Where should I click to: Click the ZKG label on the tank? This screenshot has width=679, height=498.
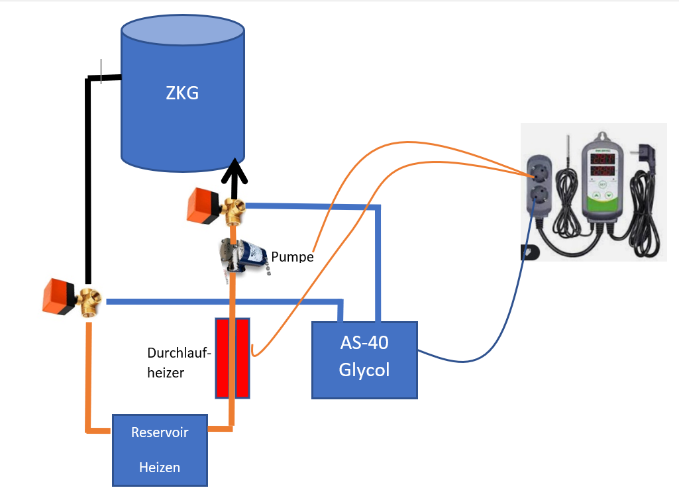point(182,93)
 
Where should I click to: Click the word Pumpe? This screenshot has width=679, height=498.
point(292,256)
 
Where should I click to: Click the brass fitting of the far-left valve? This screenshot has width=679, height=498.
point(87,302)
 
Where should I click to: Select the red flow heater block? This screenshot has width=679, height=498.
point(232,358)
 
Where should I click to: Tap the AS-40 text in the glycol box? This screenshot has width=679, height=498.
point(364,343)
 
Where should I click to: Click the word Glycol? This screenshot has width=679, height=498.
point(364,370)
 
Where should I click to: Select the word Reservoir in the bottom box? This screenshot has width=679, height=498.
point(160,432)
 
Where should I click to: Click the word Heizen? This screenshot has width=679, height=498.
point(160,467)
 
